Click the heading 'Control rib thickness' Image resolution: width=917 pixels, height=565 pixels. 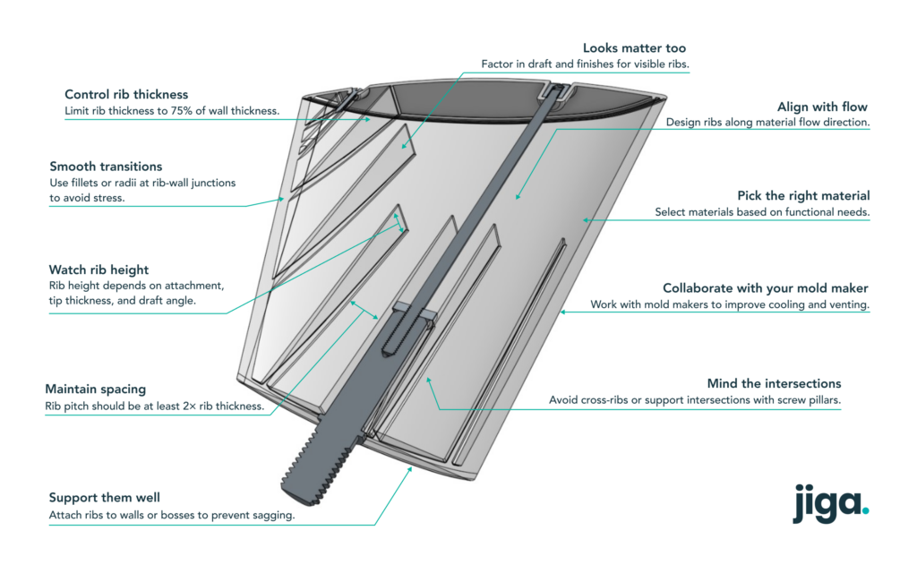125,95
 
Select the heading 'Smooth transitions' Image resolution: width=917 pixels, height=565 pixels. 106,167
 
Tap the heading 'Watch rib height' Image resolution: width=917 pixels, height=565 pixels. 99,270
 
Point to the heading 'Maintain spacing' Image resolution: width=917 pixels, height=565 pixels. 95,390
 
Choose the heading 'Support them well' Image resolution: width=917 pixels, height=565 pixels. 104,498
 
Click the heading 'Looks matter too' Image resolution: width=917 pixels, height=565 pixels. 636,47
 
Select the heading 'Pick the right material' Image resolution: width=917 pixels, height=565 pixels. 803,196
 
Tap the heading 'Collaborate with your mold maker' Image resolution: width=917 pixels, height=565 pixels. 765,288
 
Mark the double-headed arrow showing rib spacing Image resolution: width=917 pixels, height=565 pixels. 364,310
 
